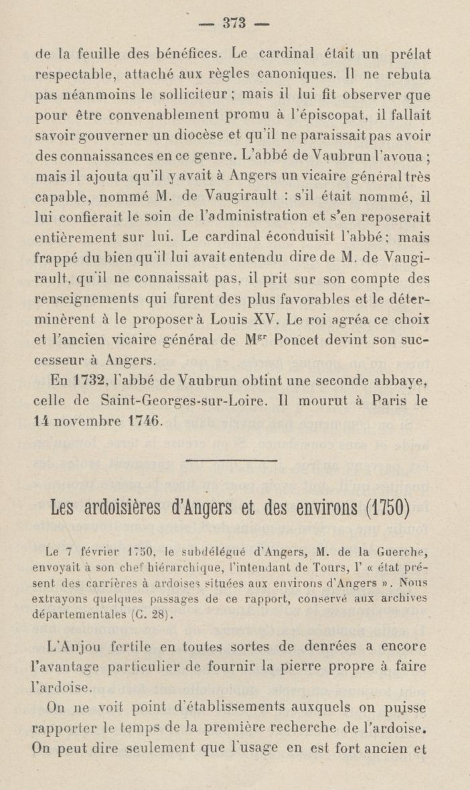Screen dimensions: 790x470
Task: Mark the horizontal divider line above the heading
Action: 231,460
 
